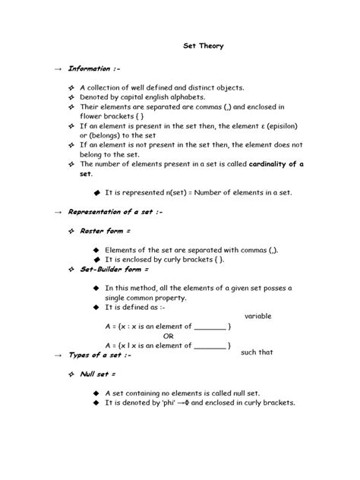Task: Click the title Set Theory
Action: (x=204, y=46)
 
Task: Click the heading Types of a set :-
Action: (x=99, y=355)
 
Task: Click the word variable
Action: (x=258, y=315)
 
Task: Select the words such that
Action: (x=259, y=352)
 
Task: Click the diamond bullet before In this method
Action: (x=96, y=289)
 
